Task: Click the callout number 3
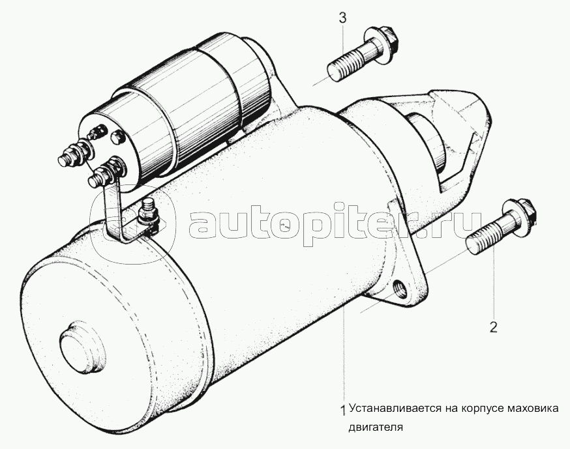click(343, 18)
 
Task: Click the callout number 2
click(493, 327)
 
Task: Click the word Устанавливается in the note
click(394, 409)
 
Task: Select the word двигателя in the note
click(376, 427)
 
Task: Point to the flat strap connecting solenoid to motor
click(115, 210)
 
